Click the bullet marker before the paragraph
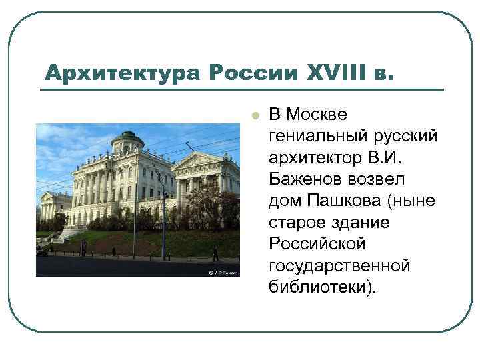point(253,115)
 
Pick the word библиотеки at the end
point(321,288)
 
